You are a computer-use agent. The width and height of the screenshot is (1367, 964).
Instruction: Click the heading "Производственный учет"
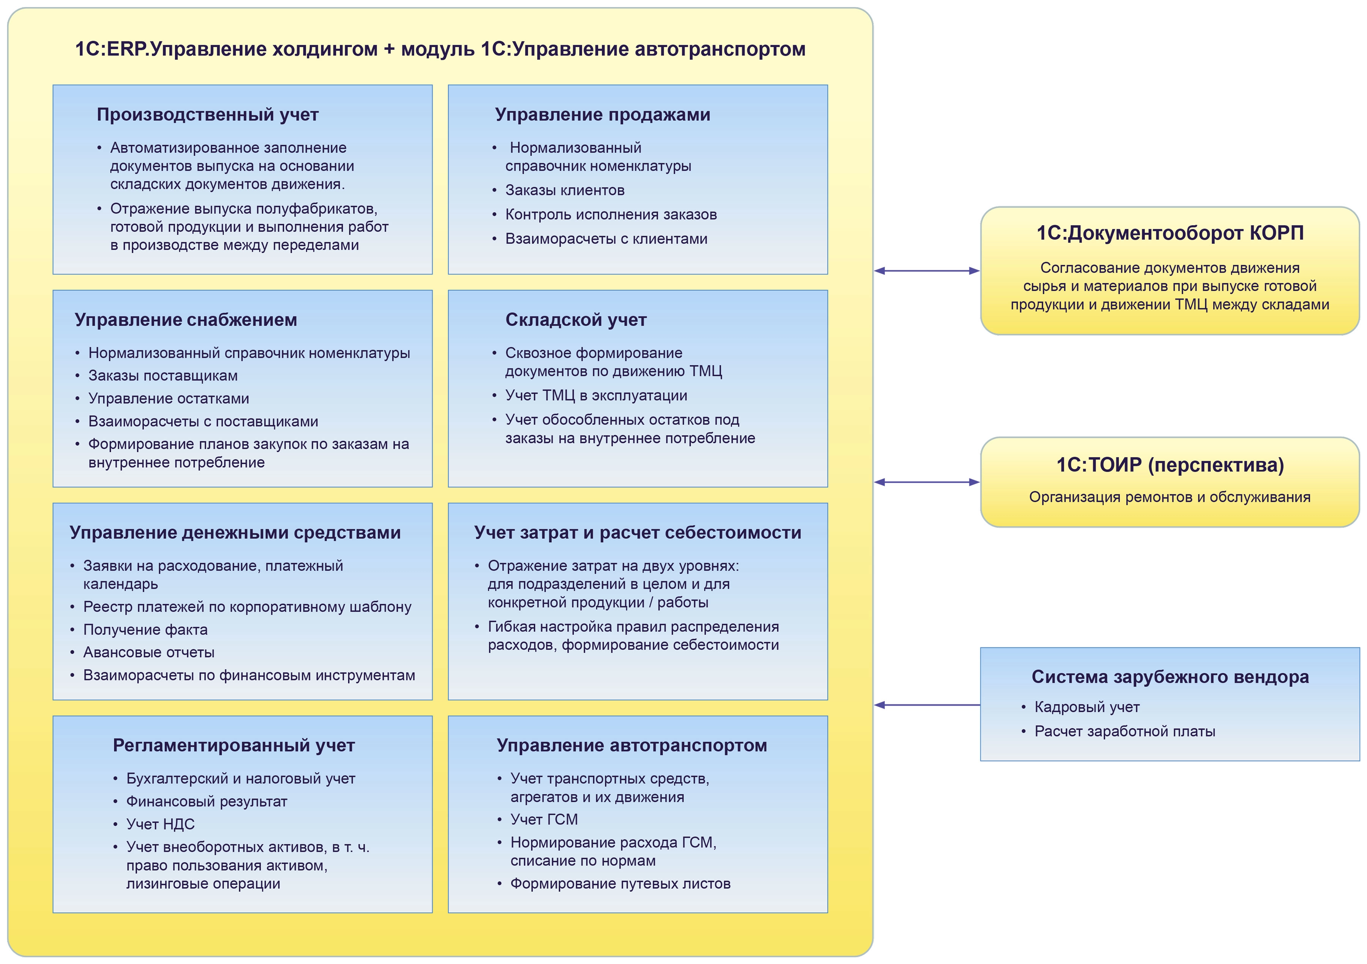[x=207, y=114]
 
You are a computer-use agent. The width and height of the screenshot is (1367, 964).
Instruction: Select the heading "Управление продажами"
[x=603, y=114]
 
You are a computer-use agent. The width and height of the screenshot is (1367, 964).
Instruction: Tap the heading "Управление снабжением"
[x=186, y=320]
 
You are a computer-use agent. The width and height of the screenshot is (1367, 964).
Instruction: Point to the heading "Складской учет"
[x=576, y=320]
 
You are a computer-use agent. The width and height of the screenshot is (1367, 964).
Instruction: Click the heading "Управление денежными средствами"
[x=235, y=532]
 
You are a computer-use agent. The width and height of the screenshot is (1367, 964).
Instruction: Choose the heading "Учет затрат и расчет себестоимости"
[x=638, y=532]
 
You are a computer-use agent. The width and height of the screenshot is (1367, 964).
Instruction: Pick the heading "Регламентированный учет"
[x=234, y=745]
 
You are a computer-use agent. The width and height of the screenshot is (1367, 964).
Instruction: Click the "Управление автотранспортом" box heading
[x=632, y=745]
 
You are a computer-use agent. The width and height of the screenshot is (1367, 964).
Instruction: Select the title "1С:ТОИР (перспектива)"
[x=1170, y=464]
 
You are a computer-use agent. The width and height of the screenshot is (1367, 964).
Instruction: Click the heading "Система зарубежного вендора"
[x=1170, y=677]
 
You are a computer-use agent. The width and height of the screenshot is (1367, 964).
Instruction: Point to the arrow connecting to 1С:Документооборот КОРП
[x=927, y=271]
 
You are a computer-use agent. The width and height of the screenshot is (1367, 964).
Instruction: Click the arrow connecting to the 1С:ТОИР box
[x=927, y=482]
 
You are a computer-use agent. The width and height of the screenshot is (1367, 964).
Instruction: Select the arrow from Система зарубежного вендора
[x=927, y=705]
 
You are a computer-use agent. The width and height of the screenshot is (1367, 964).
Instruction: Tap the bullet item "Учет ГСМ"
[x=544, y=819]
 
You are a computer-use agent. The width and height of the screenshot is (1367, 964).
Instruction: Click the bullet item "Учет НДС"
[x=160, y=824]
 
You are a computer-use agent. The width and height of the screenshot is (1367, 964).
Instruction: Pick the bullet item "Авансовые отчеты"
[x=149, y=652]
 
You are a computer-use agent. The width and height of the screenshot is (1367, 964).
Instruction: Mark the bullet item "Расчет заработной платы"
[x=1125, y=731]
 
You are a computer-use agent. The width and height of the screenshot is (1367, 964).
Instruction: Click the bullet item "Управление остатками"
[x=169, y=398]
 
